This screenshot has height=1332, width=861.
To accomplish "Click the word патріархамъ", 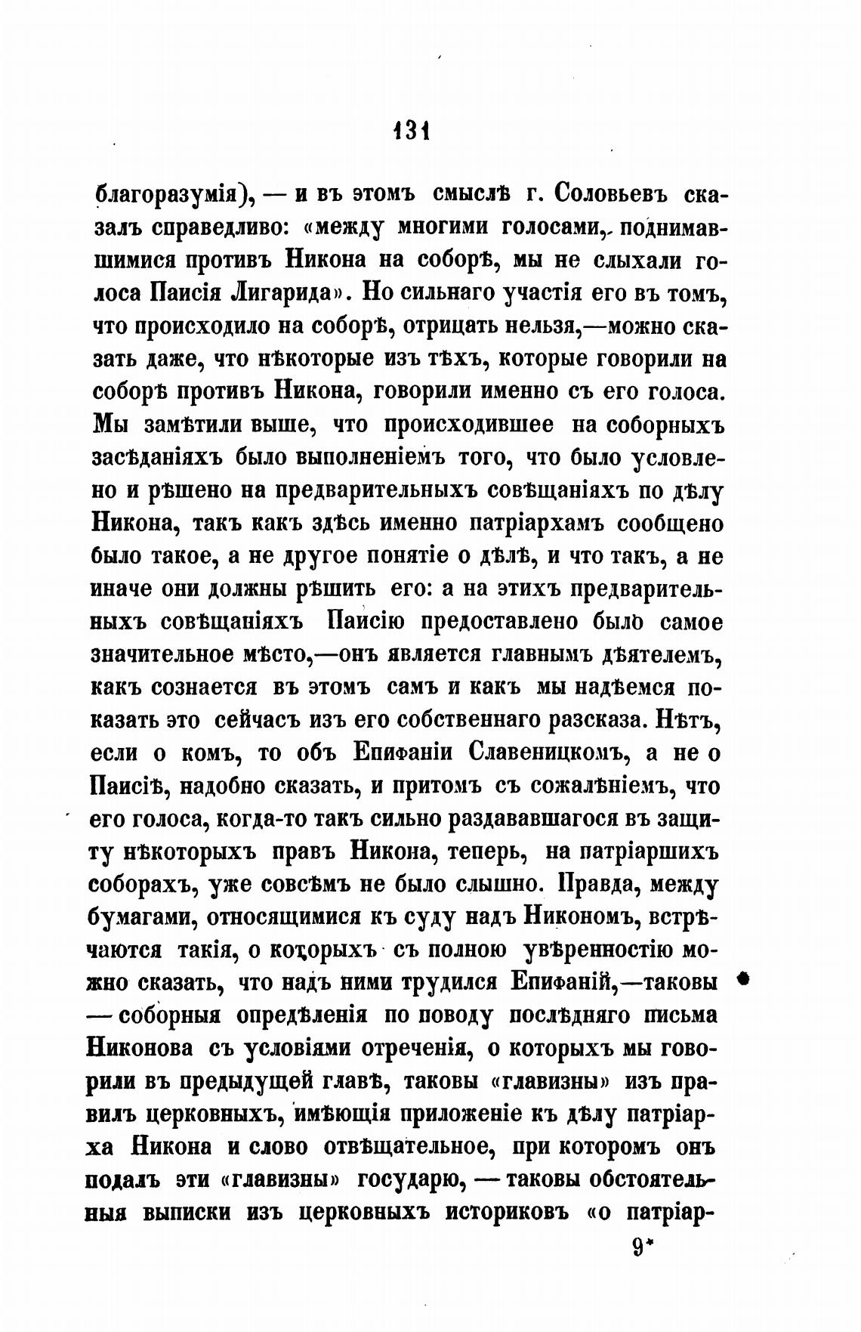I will [x=536, y=523].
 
